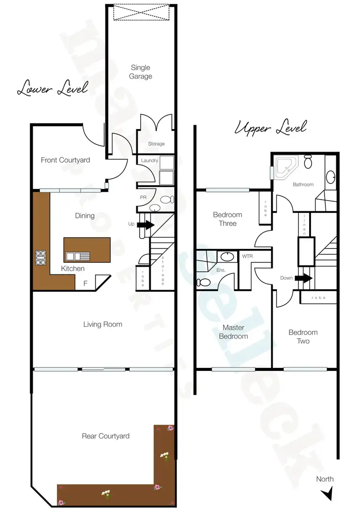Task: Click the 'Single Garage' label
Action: coord(141,72)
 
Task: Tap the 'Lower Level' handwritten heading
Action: coord(52,89)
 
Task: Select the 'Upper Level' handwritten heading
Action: coord(270,128)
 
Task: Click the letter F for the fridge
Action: coord(85,284)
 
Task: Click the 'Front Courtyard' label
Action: coord(65,160)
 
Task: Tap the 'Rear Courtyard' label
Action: coord(105,436)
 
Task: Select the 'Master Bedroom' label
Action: coord(233,331)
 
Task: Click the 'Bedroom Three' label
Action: coord(228,219)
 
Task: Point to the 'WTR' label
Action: coord(247,256)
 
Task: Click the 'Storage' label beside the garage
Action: coord(156,143)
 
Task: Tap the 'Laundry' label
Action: coord(150,160)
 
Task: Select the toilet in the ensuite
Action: coord(203,282)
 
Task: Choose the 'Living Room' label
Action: coord(103,324)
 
